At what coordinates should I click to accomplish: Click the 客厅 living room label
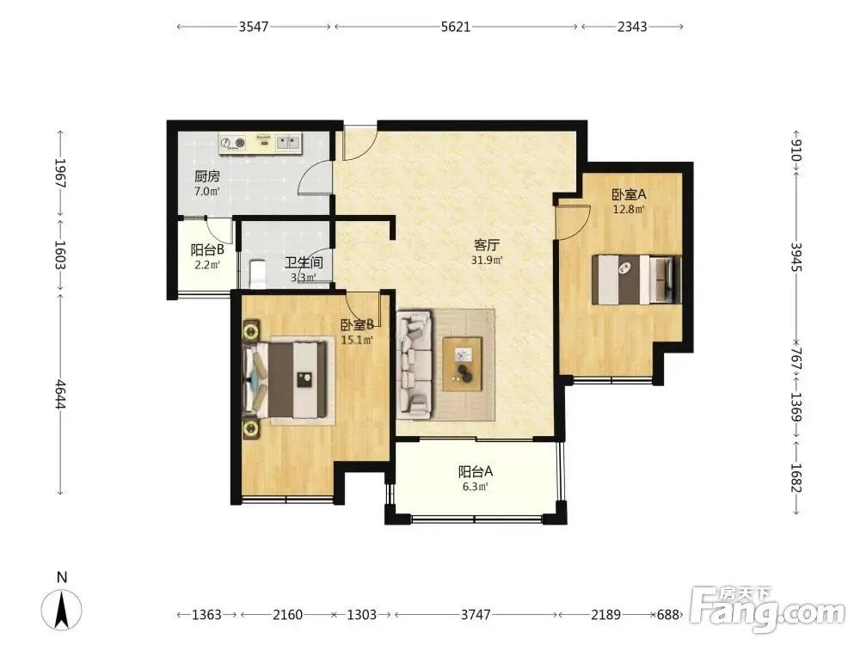point(487,244)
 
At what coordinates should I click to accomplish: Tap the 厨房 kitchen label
point(207,176)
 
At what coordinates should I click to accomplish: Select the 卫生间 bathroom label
point(304,262)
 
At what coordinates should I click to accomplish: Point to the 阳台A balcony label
point(476,471)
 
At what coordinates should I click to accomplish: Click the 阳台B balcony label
point(207,250)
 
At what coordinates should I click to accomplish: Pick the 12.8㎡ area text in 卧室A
point(629,209)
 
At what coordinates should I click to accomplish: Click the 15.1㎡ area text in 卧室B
point(357,340)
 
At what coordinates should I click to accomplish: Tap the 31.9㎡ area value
point(487,260)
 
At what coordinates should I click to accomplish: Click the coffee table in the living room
point(463,364)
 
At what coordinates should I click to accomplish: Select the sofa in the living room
point(415,363)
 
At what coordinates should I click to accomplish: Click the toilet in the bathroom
point(257,273)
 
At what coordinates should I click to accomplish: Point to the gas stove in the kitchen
point(232,143)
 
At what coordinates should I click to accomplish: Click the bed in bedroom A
point(636,279)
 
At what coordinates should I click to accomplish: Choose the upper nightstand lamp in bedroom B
point(252,331)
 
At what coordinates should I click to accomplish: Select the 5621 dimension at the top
point(456,27)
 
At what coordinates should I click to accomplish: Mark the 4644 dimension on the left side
point(60,394)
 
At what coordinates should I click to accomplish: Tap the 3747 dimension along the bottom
point(476,614)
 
